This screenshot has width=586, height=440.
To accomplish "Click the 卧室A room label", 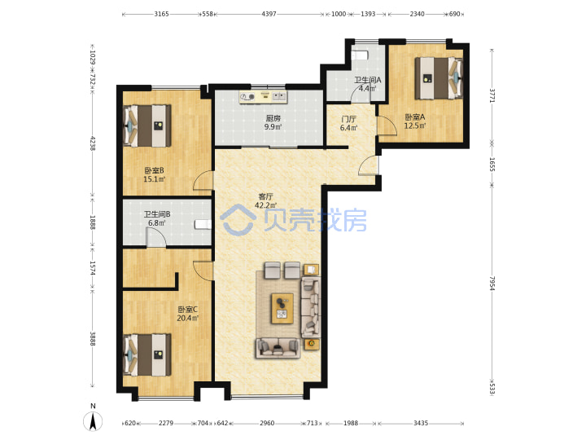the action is [415, 117].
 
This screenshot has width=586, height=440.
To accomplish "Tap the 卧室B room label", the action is [154, 170].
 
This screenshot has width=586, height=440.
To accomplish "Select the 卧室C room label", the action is [188, 310].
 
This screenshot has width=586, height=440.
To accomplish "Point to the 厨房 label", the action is [273, 118].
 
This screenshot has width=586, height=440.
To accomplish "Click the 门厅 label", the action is [348, 119].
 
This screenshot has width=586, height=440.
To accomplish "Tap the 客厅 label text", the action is [265, 196].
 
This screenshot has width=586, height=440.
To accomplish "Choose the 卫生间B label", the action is [157, 214].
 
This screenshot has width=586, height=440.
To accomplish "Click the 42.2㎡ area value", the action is [265, 205].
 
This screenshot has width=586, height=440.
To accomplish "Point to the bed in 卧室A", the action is [439, 78].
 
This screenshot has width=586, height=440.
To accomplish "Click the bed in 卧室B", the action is [147, 125].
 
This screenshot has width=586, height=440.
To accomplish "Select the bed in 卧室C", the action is [147, 354].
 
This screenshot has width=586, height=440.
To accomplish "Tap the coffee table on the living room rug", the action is [282, 308].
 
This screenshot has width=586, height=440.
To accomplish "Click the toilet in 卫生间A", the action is [360, 55].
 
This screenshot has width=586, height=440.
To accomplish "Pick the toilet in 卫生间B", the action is [203, 225].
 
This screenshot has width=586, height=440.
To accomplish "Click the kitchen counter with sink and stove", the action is [263, 96].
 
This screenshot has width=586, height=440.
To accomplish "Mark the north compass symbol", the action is [93, 421].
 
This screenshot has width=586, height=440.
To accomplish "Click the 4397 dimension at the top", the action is [269, 14].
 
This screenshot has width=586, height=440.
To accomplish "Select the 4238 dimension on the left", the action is [92, 143].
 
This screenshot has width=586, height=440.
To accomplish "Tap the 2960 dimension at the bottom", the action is [267, 423].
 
